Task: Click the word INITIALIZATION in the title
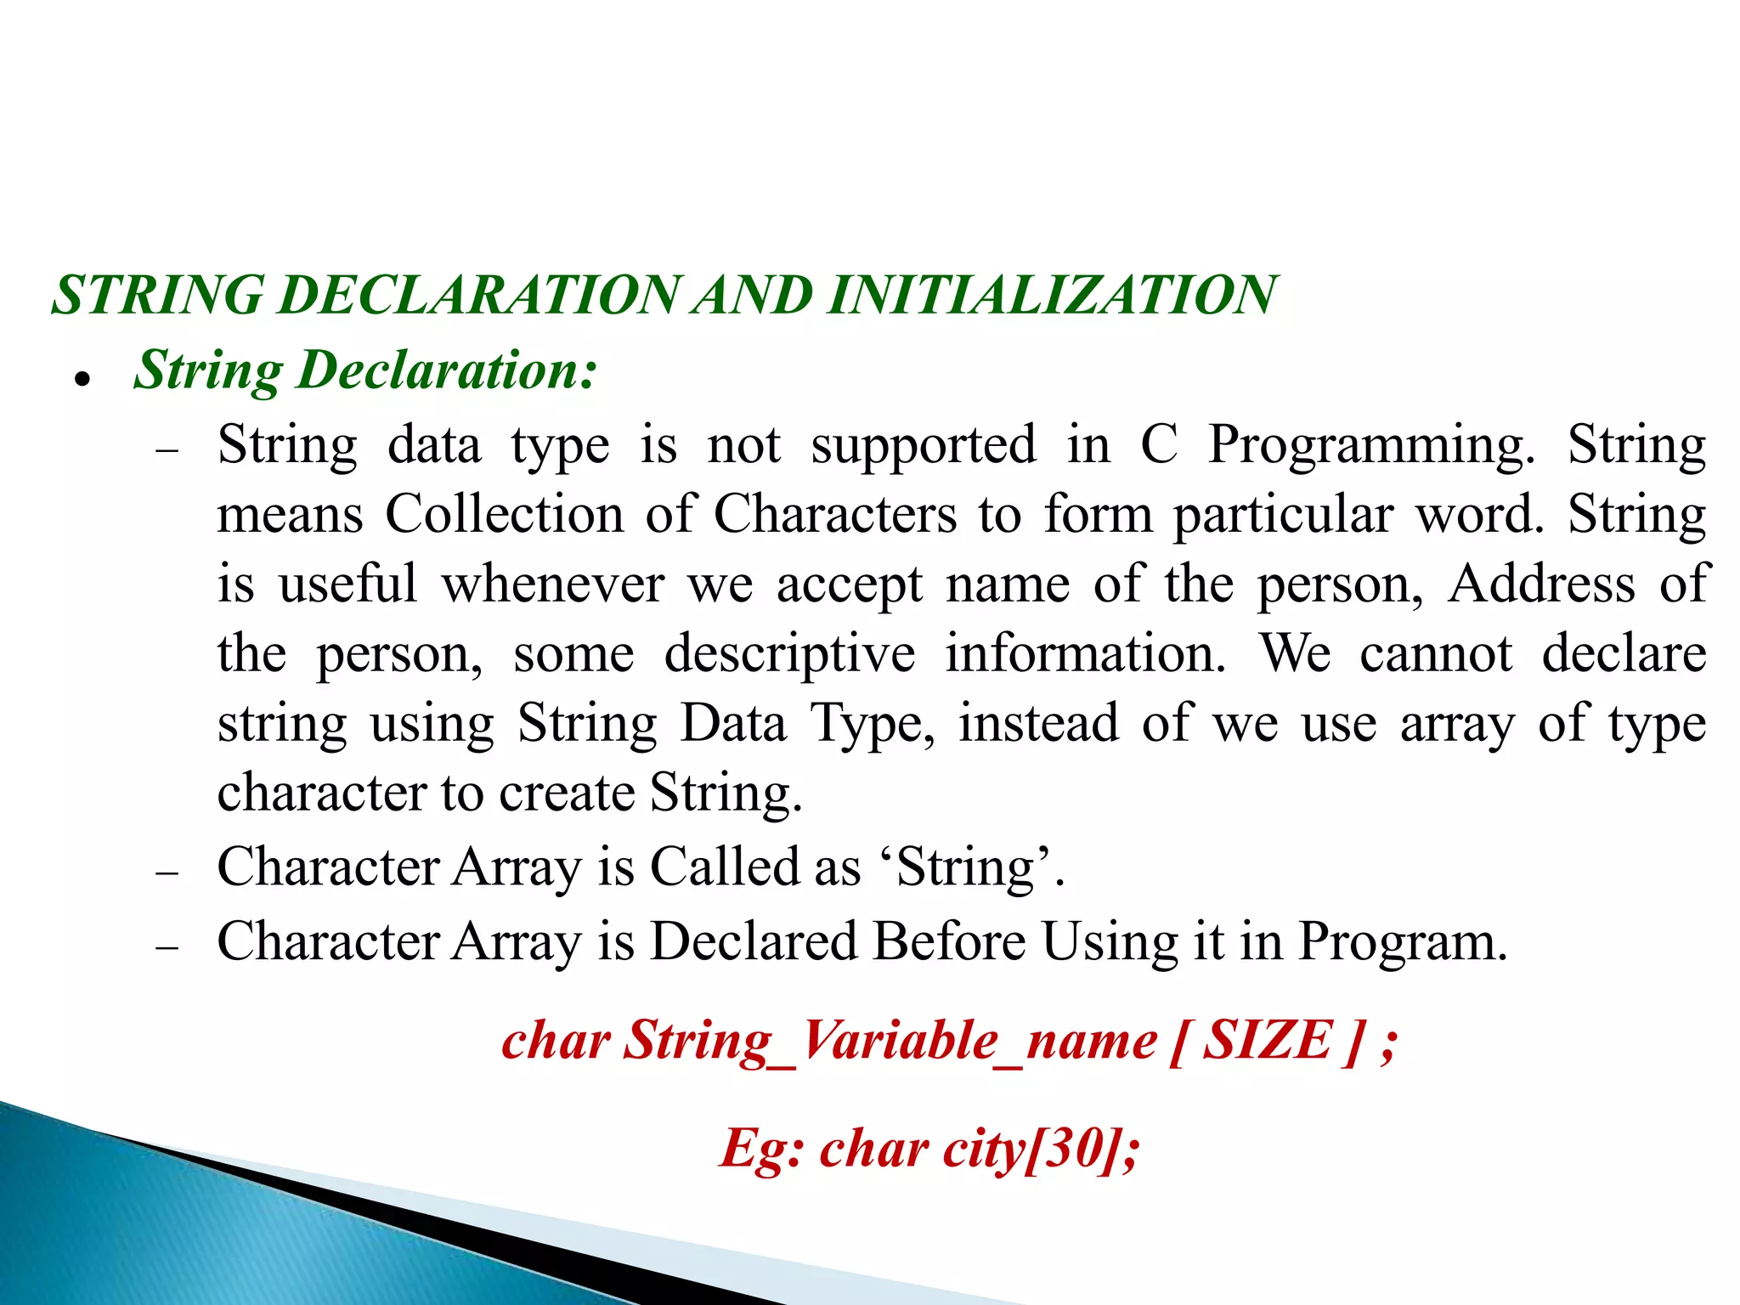click(x=1052, y=296)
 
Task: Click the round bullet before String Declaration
click(x=82, y=379)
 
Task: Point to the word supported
click(x=924, y=444)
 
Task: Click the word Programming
click(x=1371, y=446)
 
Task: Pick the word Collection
click(x=505, y=514)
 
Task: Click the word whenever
click(x=552, y=584)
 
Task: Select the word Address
click(x=1542, y=584)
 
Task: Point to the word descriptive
click(x=789, y=655)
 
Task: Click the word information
click(x=1086, y=653)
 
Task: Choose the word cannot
click(x=1436, y=653)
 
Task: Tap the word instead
click(x=1038, y=723)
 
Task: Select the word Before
click(x=949, y=941)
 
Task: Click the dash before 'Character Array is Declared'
click(x=167, y=946)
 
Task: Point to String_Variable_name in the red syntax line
click(x=890, y=1042)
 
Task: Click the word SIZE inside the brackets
click(x=1268, y=1040)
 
